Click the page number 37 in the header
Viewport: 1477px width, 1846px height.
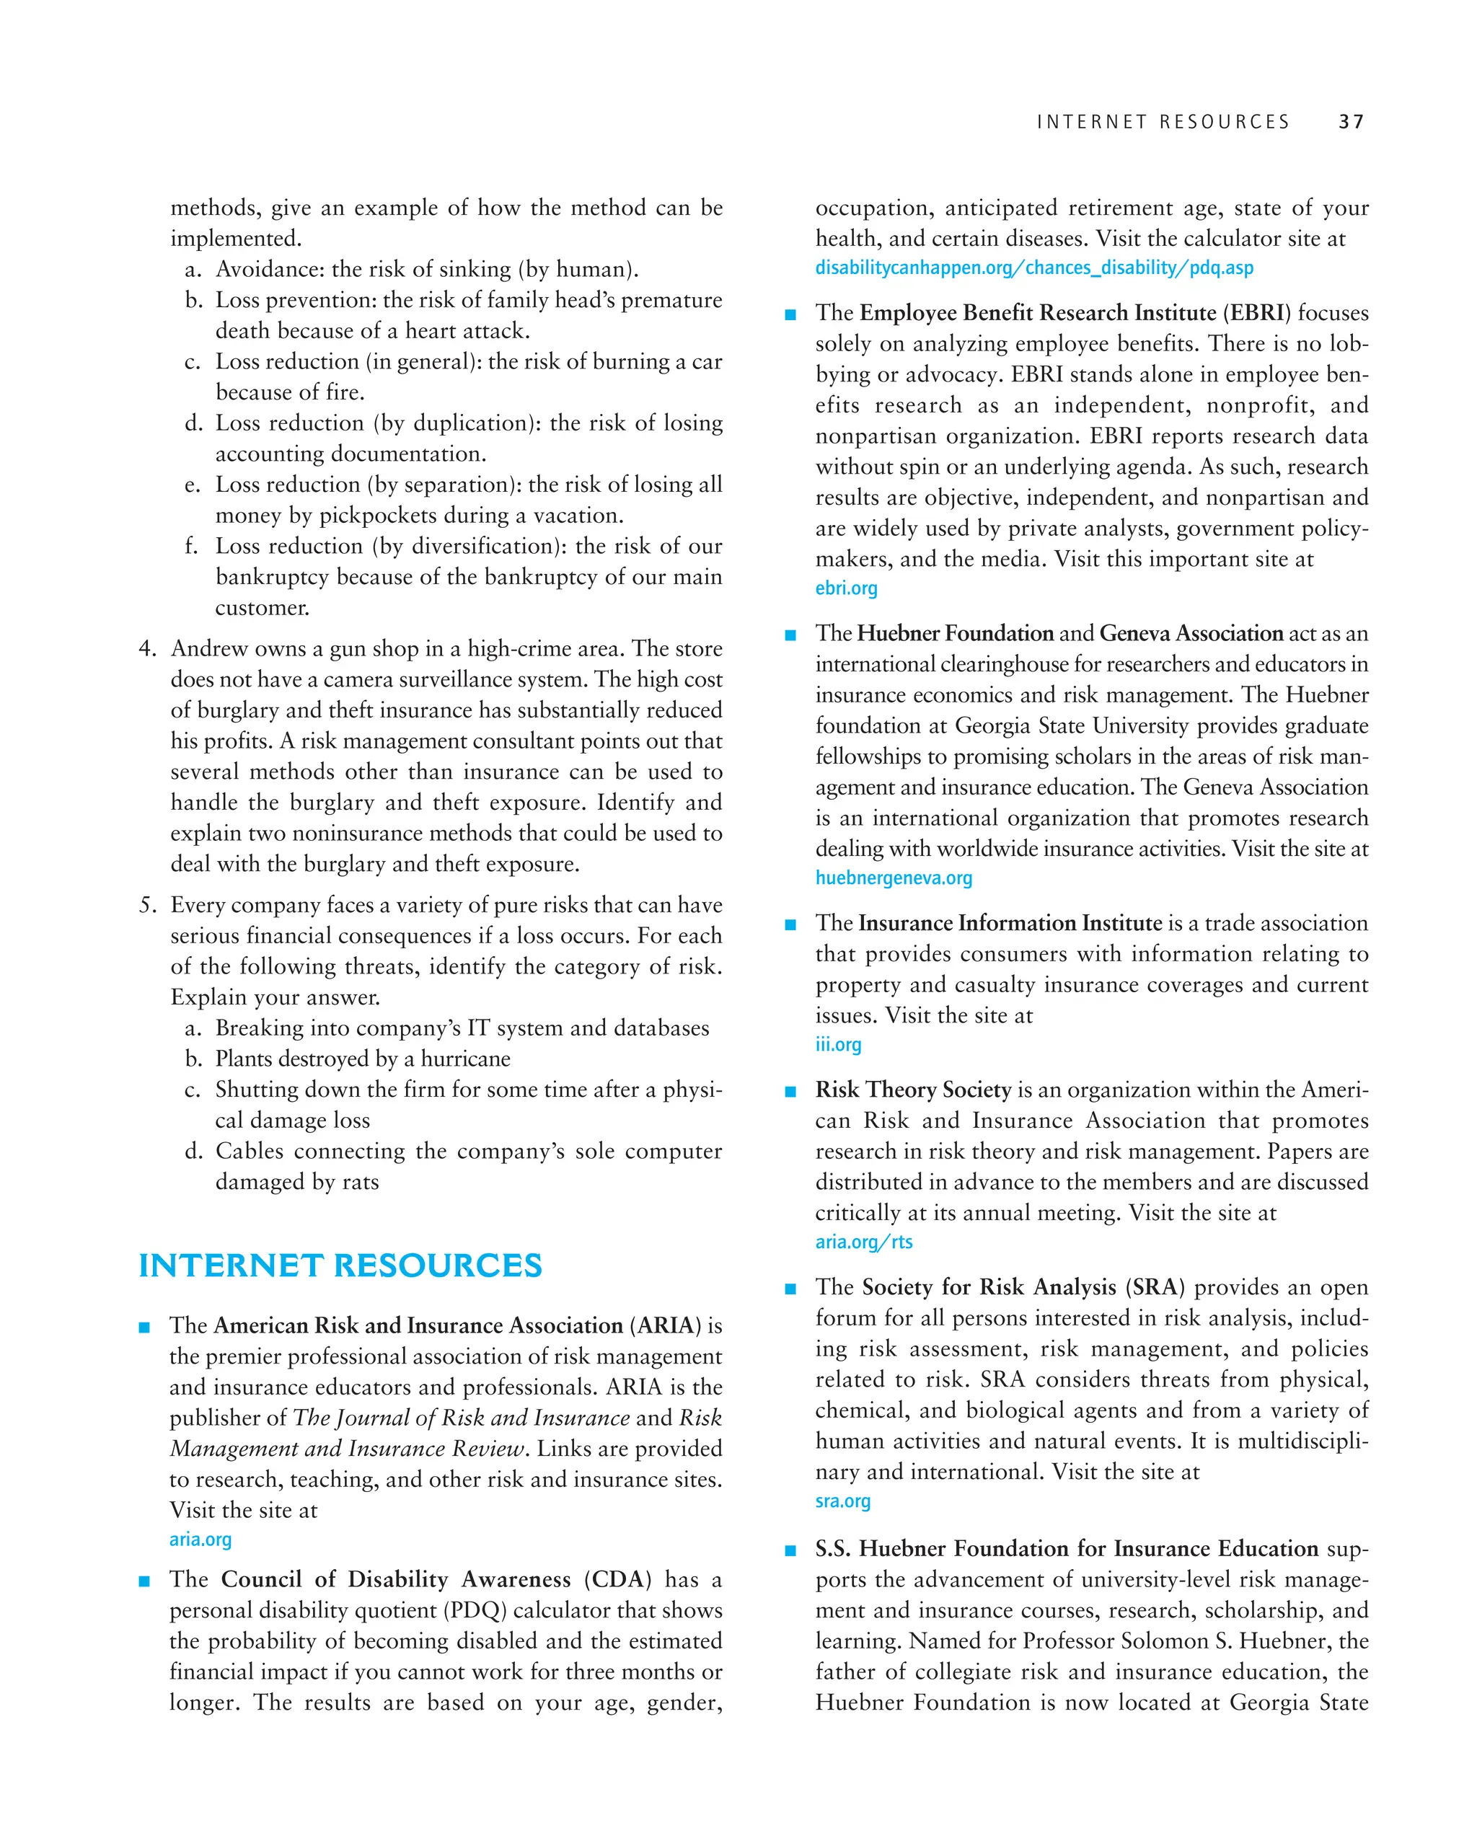1351,123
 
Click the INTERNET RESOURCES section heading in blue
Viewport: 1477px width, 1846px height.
340,1266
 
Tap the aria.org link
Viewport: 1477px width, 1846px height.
200,1540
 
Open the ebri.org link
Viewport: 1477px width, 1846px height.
846,588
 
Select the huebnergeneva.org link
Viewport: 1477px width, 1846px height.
893,878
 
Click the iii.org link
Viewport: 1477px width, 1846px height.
837,1045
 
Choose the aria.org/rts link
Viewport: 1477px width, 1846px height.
863,1242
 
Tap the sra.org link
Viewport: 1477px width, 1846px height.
842,1501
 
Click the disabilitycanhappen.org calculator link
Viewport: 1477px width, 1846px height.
1033,268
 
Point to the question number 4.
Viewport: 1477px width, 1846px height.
147,649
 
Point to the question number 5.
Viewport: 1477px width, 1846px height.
147,905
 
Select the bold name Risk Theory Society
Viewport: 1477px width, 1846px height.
913,1090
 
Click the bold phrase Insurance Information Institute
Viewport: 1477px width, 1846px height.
1010,923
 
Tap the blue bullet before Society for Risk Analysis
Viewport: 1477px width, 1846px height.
790,1289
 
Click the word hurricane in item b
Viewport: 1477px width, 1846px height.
465,1059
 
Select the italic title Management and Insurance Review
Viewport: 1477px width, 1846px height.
347,1449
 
